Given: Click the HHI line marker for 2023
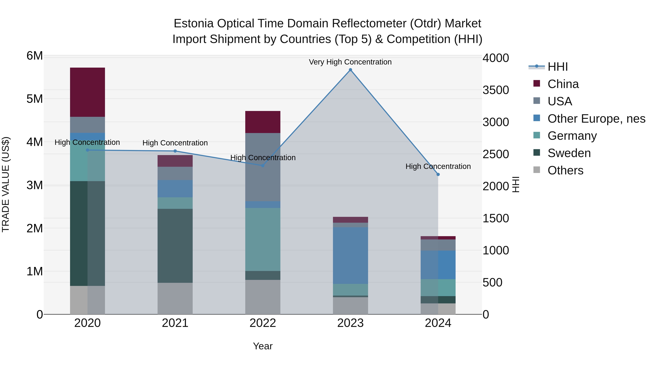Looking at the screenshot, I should [350, 70].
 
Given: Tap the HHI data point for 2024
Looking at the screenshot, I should [438, 174].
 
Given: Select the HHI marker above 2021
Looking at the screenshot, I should [175, 151].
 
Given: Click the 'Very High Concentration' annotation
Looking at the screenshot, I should [350, 62].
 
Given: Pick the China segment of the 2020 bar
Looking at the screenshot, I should [88, 92].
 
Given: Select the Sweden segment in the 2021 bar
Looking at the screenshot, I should [175, 246].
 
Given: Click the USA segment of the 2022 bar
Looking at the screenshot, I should [263, 167].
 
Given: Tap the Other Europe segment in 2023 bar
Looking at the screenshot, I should [350, 255].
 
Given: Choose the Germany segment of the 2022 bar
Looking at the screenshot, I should [263, 239].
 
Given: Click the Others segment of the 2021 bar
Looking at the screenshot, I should [175, 298].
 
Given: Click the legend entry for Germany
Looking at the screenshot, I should [572, 136].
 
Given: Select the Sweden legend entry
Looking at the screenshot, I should [569, 153].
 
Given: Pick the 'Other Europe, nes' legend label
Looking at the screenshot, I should [596, 119].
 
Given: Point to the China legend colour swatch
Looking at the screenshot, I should [537, 83].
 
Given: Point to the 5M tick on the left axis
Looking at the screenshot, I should [35, 99].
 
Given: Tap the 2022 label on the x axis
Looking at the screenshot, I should [263, 323].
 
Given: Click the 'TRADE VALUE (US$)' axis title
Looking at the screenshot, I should [6, 184].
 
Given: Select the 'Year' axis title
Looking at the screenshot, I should [263, 346].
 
